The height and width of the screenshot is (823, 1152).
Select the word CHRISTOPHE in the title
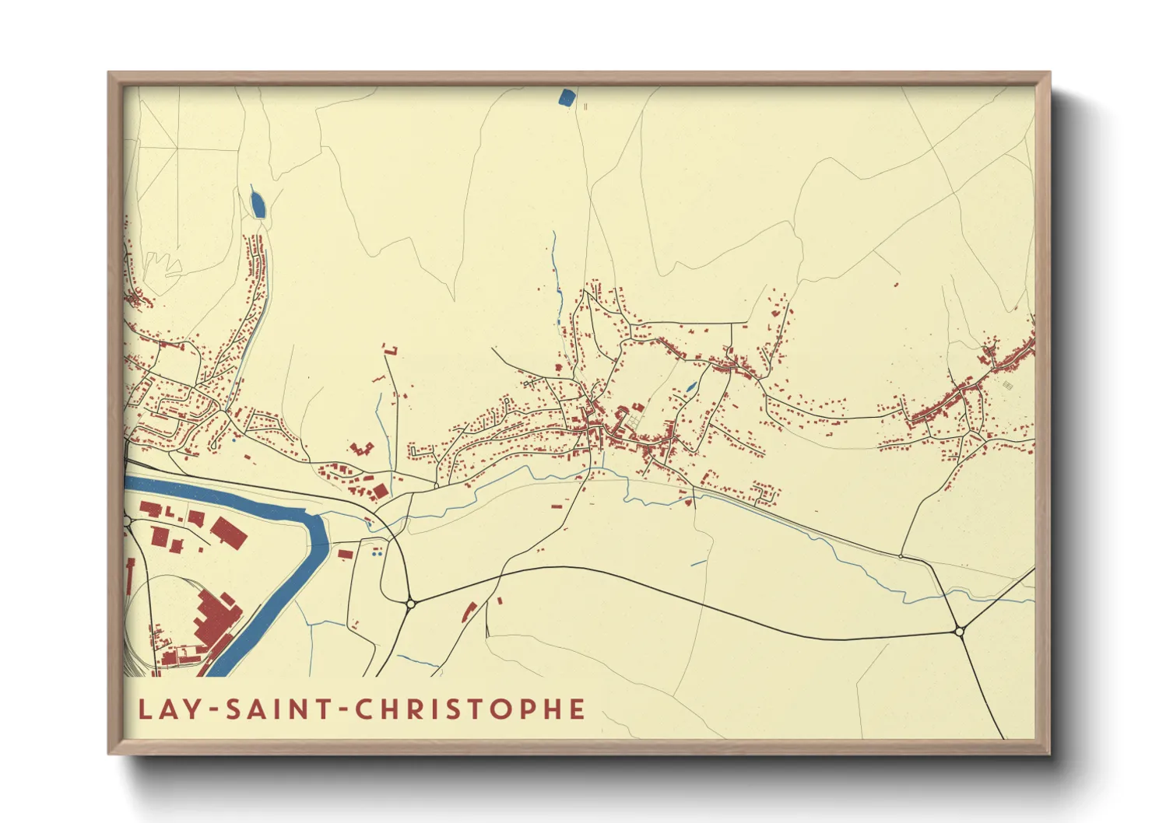(x=470, y=709)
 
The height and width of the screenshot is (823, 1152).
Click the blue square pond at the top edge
(x=567, y=97)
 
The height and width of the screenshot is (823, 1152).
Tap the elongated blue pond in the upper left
(x=257, y=204)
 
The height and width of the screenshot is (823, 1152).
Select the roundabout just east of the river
(x=410, y=603)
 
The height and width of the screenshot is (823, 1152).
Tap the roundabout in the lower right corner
(x=960, y=632)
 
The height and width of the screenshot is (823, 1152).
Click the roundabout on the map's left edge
(x=128, y=521)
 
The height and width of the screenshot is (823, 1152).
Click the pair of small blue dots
(x=378, y=553)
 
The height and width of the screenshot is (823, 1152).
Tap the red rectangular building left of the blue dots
(x=346, y=554)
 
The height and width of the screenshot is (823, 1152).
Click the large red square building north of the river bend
(x=380, y=492)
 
